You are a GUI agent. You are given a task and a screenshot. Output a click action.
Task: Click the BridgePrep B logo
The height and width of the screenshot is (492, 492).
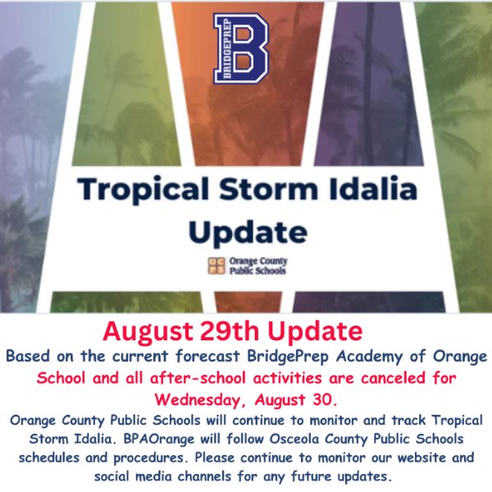tap(240, 48)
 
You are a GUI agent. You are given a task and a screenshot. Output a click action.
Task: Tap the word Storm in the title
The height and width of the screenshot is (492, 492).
tap(269, 189)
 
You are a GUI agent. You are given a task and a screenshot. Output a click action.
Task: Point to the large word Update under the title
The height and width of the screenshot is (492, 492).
tap(248, 232)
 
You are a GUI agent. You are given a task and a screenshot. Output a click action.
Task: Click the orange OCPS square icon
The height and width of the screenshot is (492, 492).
tap(216, 266)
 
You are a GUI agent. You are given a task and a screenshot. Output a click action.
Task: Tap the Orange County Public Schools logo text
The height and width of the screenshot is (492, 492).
tap(258, 266)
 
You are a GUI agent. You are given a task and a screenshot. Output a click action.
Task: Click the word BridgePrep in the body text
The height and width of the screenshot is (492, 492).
tap(288, 357)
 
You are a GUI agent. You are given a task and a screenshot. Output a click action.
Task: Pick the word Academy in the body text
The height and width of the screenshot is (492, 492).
tap(370, 357)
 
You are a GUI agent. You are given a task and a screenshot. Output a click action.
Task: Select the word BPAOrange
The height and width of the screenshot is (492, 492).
tap(159, 439)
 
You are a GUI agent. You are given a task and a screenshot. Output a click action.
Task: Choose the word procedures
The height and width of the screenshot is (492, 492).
tap(148, 458)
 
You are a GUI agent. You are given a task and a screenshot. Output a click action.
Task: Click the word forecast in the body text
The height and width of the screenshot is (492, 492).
tap(207, 357)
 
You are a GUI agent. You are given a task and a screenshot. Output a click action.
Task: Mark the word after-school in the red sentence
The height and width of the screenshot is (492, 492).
tap(198, 378)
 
